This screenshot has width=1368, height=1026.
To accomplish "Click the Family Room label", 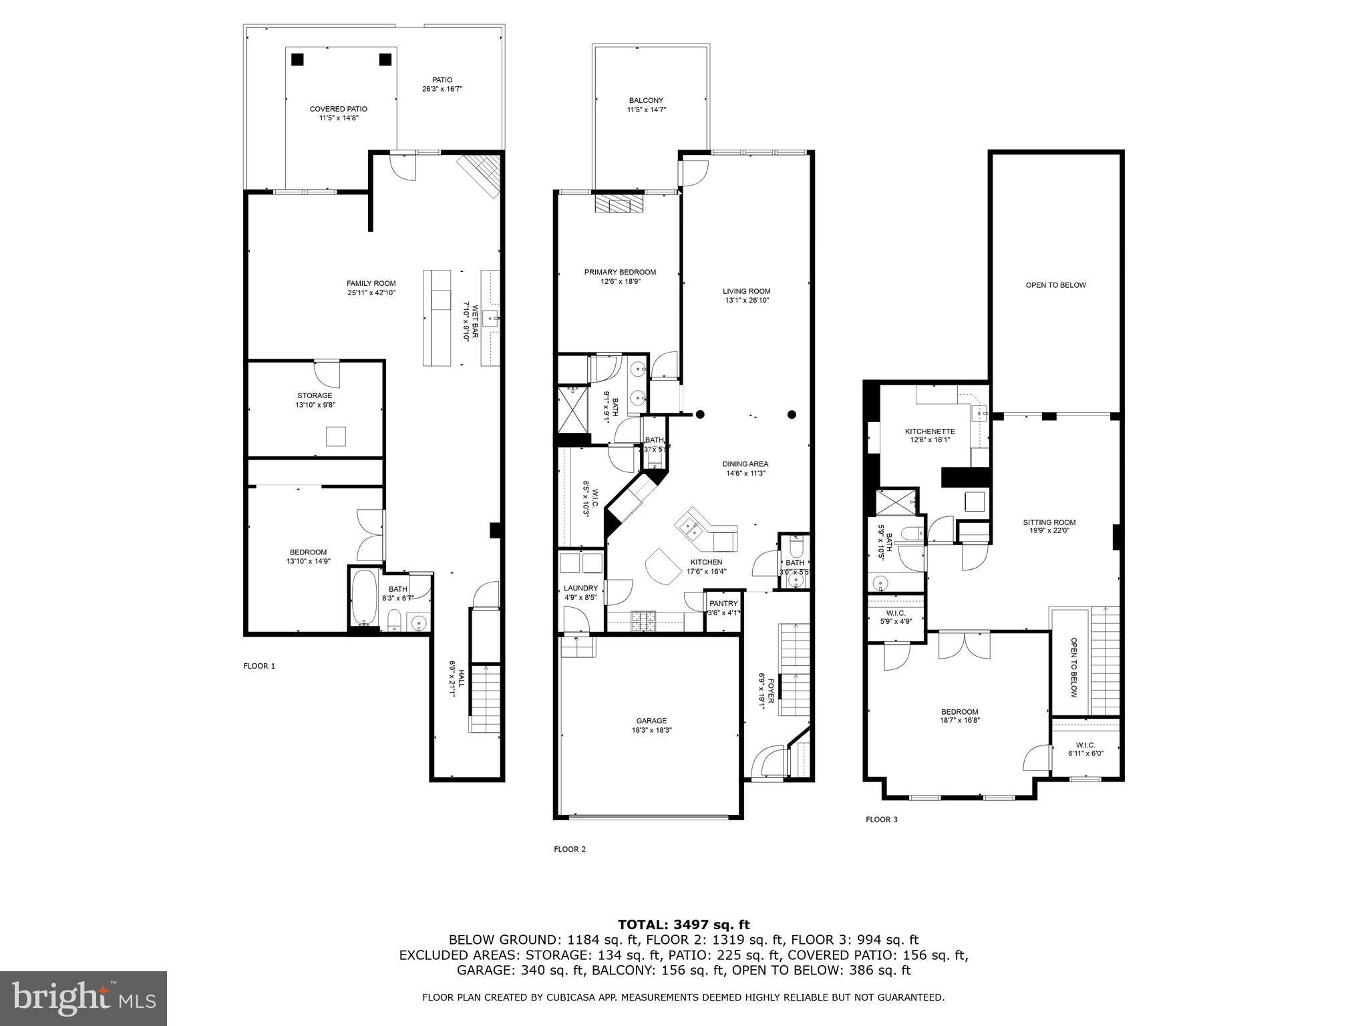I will pyautogui.click(x=371, y=283).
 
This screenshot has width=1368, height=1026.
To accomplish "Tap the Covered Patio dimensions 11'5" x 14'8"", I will pyautogui.click(x=338, y=118).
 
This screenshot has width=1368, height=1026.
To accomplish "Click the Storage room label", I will pyautogui.click(x=315, y=395).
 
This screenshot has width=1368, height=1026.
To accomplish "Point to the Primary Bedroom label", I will pyautogui.click(x=620, y=272).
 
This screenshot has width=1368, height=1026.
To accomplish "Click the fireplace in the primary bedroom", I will pyautogui.click(x=619, y=204).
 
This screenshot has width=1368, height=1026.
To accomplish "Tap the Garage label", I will pyautogui.click(x=651, y=721).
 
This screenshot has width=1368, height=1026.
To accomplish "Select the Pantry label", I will pyautogui.click(x=724, y=603).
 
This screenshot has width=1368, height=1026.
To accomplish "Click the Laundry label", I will pyautogui.click(x=580, y=588).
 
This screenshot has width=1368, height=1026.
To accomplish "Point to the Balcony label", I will pyautogui.click(x=646, y=100).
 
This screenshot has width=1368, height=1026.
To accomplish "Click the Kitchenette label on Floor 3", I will pyautogui.click(x=930, y=432).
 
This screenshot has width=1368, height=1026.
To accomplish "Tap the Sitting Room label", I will pyautogui.click(x=1049, y=522).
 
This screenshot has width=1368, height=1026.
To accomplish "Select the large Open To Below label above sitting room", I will pyautogui.click(x=1055, y=285).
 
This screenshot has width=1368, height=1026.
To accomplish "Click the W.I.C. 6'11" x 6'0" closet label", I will pyautogui.click(x=1085, y=745).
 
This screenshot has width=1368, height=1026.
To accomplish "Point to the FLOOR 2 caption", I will pyautogui.click(x=570, y=849).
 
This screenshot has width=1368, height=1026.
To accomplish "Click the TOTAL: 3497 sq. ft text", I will pyautogui.click(x=683, y=924).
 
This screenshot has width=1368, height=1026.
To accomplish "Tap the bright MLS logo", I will pyautogui.click(x=83, y=998).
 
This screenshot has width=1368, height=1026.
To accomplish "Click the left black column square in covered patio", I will pyautogui.click(x=298, y=59).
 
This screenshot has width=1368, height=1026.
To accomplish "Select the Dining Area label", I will pyautogui.click(x=745, y=464).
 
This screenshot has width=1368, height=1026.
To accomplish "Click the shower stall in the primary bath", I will pyautogui.click(x=573, y=409).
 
